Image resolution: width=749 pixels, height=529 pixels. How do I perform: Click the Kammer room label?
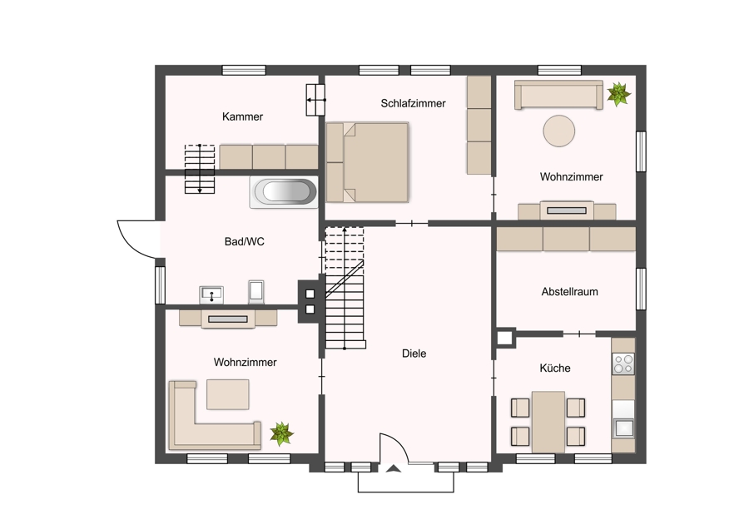(x=242, y=116)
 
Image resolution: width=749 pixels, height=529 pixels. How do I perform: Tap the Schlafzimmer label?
(x=413, y=103)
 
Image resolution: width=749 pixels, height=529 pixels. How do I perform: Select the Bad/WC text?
(x=244, y=241)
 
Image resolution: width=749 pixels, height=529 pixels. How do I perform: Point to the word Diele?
(x=414, y=353)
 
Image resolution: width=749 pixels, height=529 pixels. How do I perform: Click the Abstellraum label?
(x=569, y=292)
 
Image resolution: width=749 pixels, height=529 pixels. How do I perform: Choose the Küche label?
(x=554, y=368)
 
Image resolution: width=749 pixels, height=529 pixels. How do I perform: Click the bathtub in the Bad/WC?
(x=284, y=192)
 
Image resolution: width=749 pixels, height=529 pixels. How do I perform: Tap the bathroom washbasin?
(x=211, y=294)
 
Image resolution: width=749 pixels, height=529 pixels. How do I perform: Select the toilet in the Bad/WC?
(x=256, y=292)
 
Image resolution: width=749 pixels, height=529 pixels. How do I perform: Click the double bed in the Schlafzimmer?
(x=367, y=162)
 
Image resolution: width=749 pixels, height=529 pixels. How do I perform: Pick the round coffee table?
(x=559, y=131)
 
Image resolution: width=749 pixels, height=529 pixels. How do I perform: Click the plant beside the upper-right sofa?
(x=618, y=94)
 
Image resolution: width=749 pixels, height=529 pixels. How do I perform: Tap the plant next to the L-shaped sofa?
(x=281, y=433)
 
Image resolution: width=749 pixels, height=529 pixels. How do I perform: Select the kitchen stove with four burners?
(x=623, y=363)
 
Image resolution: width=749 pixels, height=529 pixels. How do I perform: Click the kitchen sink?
(x=623, y=428)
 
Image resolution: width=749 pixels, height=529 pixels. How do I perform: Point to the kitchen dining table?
(x=548, y=422)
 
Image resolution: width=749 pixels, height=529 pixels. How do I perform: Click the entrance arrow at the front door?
(x=393, y=469)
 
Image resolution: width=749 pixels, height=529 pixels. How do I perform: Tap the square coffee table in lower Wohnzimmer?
(x=227, y=394)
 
